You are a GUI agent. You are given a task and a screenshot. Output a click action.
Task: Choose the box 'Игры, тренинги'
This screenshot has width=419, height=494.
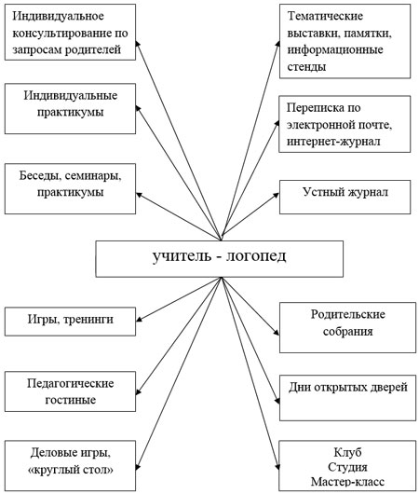(x=69, y=320)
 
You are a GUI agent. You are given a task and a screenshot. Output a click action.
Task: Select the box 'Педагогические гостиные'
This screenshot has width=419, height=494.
(x=69, y=391)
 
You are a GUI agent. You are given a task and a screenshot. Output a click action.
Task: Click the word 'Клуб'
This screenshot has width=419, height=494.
(x=345, y=450)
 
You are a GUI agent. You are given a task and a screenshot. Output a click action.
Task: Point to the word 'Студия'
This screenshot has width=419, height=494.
(x=345, y=466)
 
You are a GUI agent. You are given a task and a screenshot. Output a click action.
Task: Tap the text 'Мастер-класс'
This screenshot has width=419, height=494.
(x=345, y=481)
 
